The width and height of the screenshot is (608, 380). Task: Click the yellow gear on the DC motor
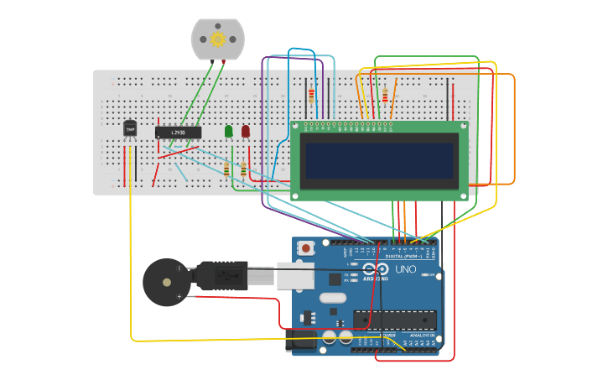click(218, 39)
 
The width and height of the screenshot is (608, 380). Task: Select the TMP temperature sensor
click(130, 128)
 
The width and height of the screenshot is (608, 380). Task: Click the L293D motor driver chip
click(178, 133)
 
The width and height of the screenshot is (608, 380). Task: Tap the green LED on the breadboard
click(229, 132)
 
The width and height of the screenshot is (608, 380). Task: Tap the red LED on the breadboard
click(246, 132)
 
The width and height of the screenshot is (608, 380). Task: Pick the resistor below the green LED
click(226, 169)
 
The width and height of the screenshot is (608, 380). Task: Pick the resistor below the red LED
click(244, 169)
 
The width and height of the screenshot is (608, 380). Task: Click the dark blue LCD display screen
click(381, 160)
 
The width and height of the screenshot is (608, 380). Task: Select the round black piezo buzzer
click(165, 282)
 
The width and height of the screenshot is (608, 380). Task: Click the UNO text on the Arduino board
click(406, 269)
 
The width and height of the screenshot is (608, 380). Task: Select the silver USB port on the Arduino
click(295, 275)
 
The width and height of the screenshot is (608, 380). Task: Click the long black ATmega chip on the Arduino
click(395, 320)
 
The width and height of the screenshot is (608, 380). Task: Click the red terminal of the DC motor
click(223, 61)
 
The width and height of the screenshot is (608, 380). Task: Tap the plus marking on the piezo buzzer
click(179, 296)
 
